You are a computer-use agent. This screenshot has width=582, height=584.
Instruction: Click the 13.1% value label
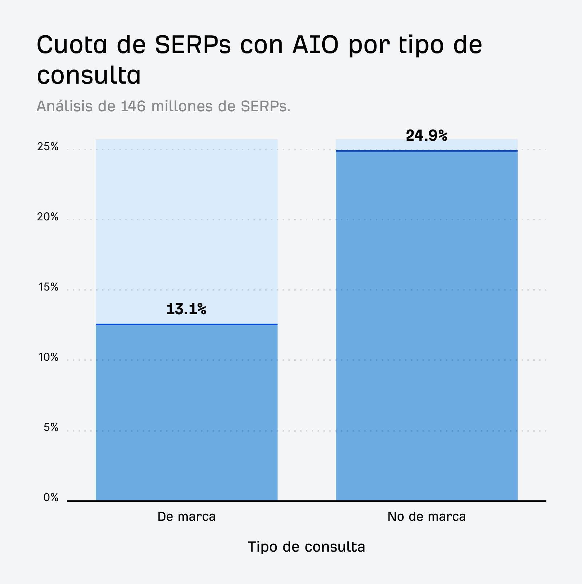(186, 309)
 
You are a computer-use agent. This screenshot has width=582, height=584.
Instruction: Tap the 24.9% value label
(426, 136)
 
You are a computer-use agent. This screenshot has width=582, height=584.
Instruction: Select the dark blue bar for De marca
(186, 413)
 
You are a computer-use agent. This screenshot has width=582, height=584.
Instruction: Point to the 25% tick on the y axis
(48, 147)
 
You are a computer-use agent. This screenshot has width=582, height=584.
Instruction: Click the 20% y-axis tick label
(48, 217)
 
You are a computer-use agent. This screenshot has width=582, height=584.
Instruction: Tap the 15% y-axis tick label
(48, 287)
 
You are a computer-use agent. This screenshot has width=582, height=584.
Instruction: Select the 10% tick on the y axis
(48, 357)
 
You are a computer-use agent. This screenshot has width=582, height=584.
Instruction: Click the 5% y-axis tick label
(51, 427)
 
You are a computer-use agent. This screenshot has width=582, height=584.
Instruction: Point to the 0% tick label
(51, 497)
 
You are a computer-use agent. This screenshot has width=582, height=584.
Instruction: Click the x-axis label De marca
(186, 517)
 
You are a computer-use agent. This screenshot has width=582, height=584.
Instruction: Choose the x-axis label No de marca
(426, 517)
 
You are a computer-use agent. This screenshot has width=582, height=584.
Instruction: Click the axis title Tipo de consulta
(306, 547)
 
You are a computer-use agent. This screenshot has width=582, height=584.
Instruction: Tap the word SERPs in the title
(193, 45)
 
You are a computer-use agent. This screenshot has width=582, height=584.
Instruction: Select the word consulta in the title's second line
(89, 76)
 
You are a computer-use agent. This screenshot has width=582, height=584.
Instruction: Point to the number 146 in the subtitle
(133, 106)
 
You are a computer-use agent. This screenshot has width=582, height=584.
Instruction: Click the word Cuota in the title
(72, 45)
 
